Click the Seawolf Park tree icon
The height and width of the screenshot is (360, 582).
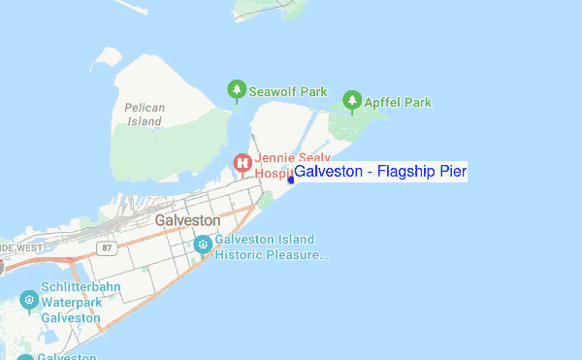[x=236, y=91]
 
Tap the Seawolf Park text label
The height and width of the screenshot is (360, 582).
[x=288, y=92]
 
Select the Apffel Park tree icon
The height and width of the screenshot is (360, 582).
[x=352, y=100]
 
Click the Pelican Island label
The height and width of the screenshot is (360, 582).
[x=144, y=115]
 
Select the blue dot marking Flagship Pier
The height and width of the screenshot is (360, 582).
[x=291, y=180]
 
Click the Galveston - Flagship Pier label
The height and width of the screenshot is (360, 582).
[x=380, y=173]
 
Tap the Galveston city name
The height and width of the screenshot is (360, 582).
[x=187, y=221]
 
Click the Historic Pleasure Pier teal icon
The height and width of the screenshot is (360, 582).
[x=203, y=245]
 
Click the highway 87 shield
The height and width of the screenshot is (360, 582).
[x=107, y=248]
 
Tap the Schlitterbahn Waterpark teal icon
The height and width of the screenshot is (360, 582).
[x=29, y=299]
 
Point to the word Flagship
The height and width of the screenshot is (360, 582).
[x=408, y=173]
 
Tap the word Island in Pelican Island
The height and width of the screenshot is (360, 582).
[x=144, y=122]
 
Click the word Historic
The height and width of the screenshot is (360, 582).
[x=241, y=256]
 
